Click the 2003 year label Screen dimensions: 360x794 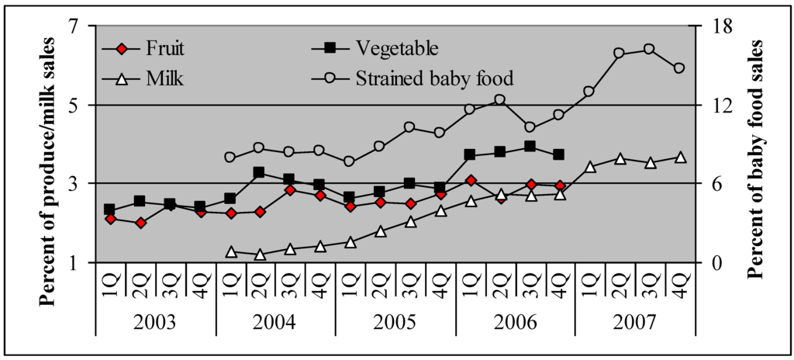tap(155, 321)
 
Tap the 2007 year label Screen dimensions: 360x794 tap(634, 321)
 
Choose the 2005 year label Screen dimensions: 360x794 tap(395, 321)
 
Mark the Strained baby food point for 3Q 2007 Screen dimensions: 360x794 tap(650, 49)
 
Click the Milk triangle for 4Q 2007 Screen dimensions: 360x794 tap(680, 157)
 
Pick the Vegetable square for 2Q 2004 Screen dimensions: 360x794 tap(260, 172)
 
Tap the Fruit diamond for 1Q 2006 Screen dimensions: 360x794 tap(470, 180)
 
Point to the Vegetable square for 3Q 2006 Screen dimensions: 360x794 tap(530, 146)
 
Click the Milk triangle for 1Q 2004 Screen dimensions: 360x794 tap(230, 251)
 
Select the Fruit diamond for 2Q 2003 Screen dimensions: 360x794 tap(140, 223)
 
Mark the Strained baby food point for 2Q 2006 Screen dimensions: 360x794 tap(500, 99)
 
